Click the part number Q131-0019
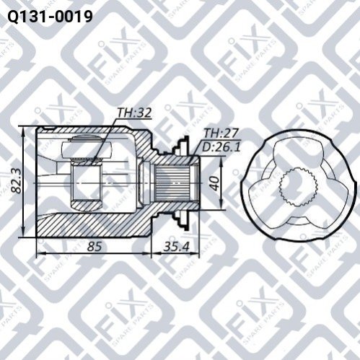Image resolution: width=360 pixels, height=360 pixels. click(x=50, y=17)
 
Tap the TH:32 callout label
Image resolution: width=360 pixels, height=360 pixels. click(x=134, y=113)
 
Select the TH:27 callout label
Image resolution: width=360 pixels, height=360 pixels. click(x=221, y=133)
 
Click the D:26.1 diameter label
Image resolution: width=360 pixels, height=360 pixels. click(x=221, y=147)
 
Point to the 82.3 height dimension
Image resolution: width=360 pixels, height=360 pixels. click(x=17, y=182)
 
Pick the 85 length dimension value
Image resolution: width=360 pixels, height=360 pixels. click(x=95, y=247)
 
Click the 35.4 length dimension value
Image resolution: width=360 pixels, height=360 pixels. click(x=177, y=247)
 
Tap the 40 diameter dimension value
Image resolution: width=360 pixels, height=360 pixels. click(x=215, y=183)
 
